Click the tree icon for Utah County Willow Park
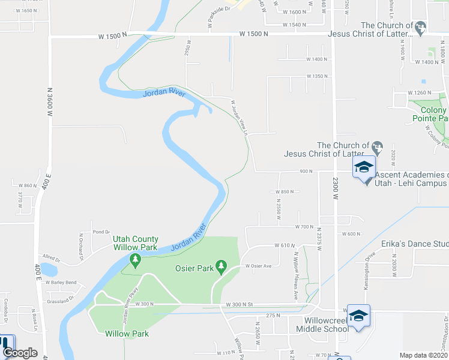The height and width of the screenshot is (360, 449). click(135, 260)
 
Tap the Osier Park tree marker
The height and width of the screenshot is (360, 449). click(221, 266)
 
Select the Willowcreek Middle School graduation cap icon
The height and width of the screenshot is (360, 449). click(358, 316)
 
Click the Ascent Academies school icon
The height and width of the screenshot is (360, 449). click(364, 169)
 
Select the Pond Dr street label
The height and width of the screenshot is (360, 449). click(101, 231)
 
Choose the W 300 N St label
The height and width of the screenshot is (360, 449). click(240, 305)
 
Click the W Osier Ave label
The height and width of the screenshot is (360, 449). click(258, 266)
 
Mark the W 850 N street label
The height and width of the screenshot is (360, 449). click(284, 192)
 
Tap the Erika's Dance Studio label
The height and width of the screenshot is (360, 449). click(406, 245)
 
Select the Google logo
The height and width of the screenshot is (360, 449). click(20, 353)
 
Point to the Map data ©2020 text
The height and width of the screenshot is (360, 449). click(423, 355)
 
